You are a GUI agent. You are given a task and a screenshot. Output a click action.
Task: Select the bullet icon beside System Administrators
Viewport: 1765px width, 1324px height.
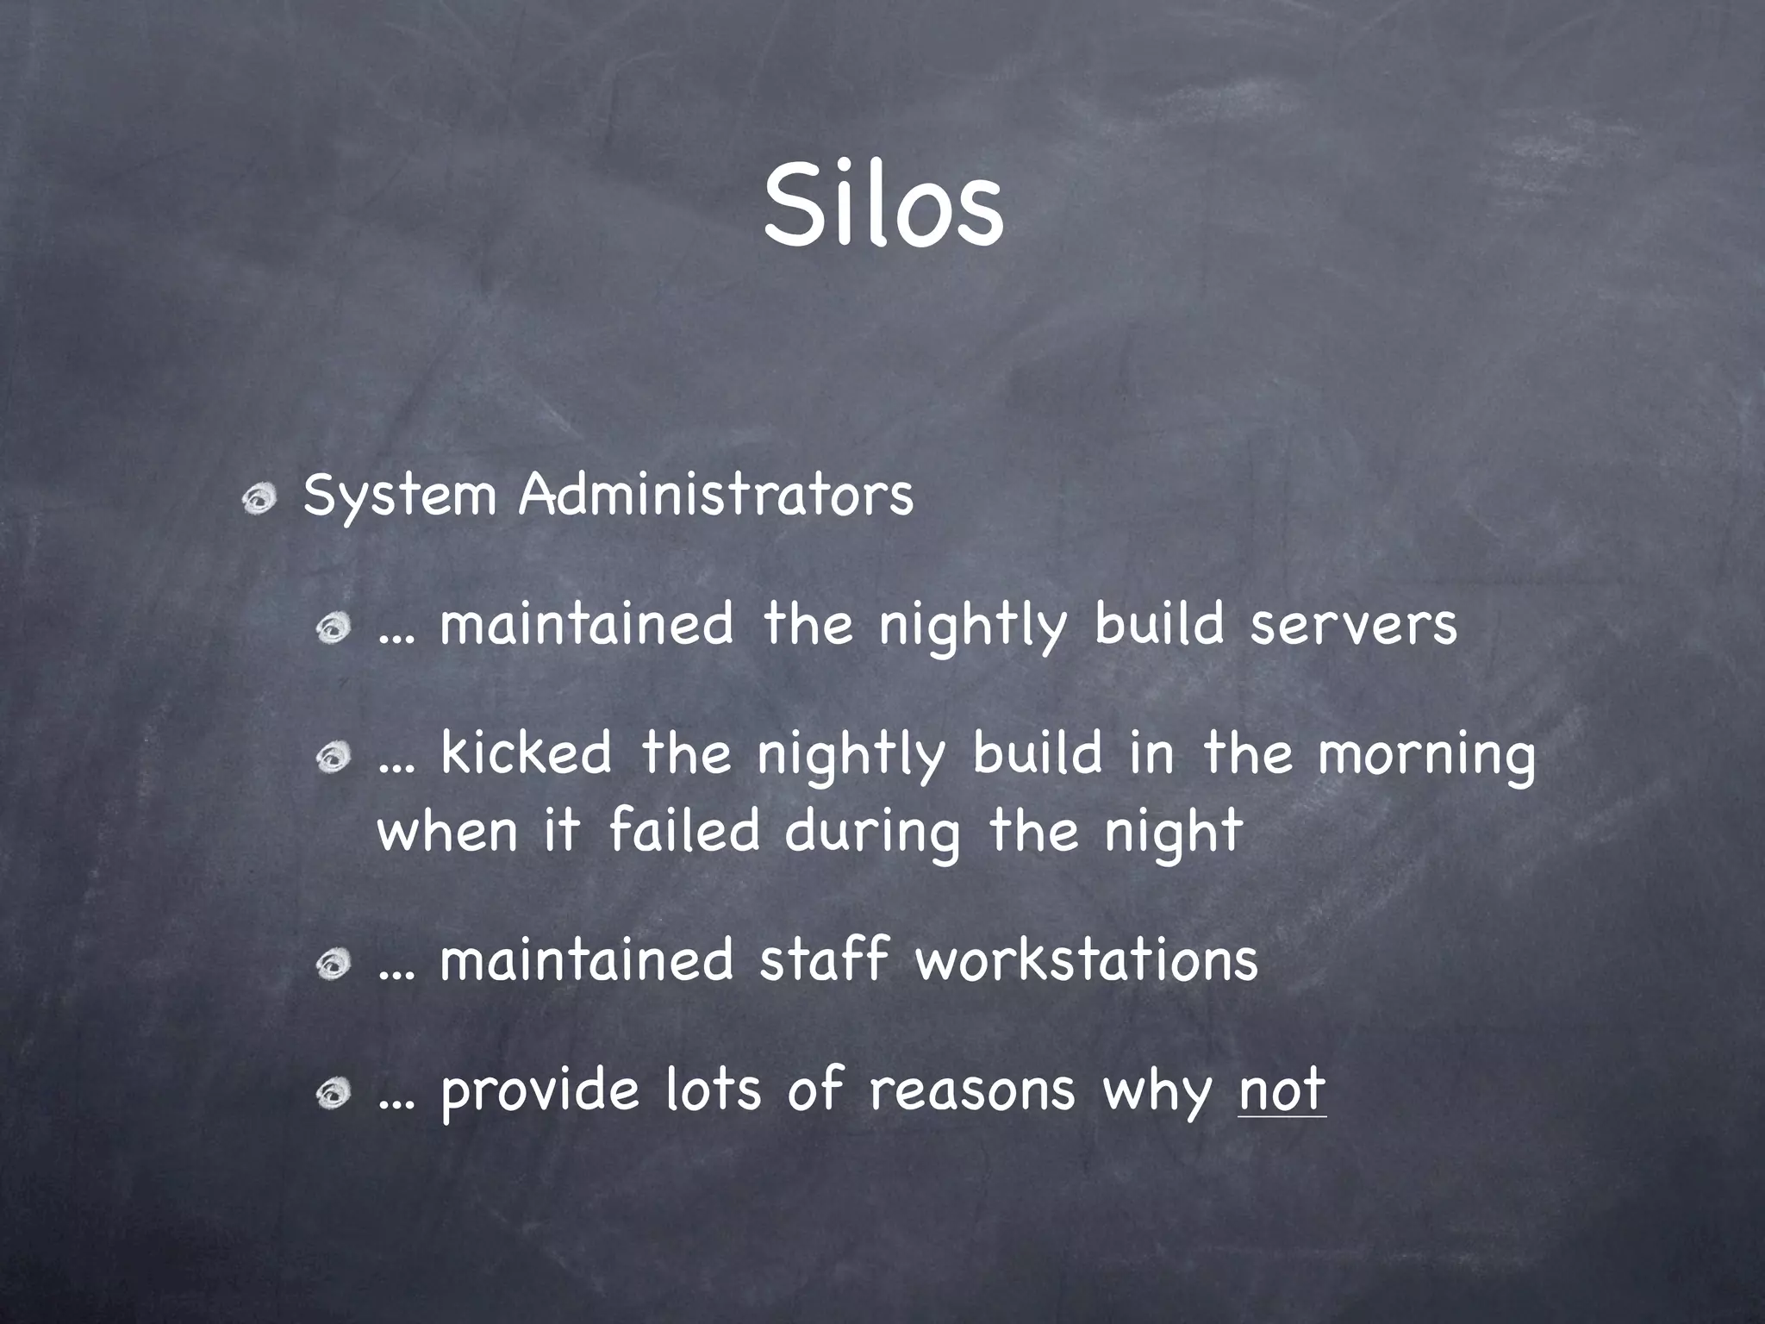pos(258,498)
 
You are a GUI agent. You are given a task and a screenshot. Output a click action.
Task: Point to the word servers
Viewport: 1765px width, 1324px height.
pos(1353,625)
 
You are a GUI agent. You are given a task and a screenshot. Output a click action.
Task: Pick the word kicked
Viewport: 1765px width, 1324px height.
pos(526,753)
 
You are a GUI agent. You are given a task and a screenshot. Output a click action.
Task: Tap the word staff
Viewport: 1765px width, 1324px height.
pos(822,960)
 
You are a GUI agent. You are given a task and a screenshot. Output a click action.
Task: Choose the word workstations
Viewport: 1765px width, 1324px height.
pos(1086,960)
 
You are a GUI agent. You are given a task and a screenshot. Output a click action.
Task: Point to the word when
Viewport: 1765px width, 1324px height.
pos(447,830)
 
